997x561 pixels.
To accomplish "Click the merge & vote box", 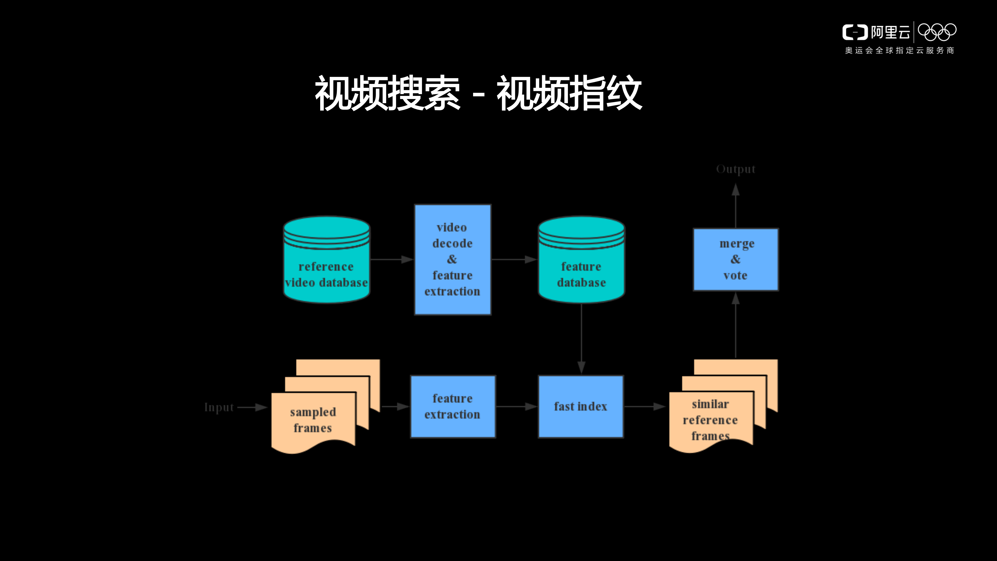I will [x=735, y=259].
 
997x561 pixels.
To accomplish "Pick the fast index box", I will [x=581, y=406].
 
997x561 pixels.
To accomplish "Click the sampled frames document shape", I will [x=313, y=420].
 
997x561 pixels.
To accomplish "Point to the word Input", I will [x=219, y=407].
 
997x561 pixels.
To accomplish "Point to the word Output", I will [x=735, y=169].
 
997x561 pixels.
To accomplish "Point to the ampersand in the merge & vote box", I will [x=735, y=259].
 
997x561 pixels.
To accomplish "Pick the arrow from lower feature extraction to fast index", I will [x=517, y=406].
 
